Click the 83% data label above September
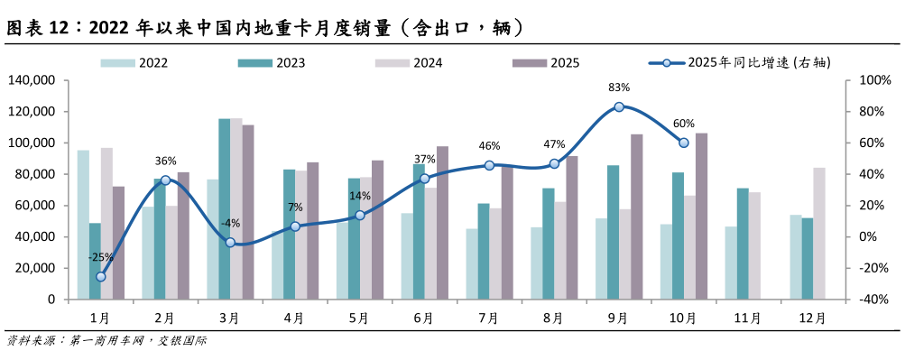pos(619,88)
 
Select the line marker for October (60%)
pos(683,143)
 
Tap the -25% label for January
pos(100,257)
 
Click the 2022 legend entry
pos(134,63)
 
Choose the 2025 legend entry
pos(547,63)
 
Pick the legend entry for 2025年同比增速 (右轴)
pos(740,63)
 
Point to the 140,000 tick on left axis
pos(31,80)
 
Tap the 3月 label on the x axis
pos(230,318)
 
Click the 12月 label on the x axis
pos(812,318)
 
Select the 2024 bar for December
pos(818,233)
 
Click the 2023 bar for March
pos(225,208)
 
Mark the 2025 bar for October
pos(701,217)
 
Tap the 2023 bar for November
pos(743,244)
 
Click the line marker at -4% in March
pos(230,243)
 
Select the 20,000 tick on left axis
pos(34,268)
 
